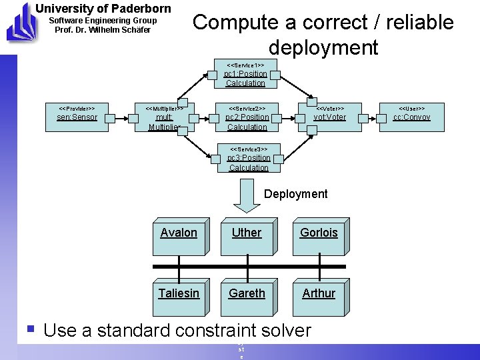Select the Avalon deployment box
[179, 236]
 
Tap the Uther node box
[247, 236]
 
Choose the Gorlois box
[319, 236]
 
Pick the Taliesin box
[179, 294]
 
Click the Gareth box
[247, 294]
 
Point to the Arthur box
[319, 294]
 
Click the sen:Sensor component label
[77, 117]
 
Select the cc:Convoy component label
[411, 117]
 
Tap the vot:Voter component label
[330, 117]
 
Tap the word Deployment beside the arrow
[296, 194]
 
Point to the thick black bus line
[246, 267]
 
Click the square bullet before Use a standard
[30, 329]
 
